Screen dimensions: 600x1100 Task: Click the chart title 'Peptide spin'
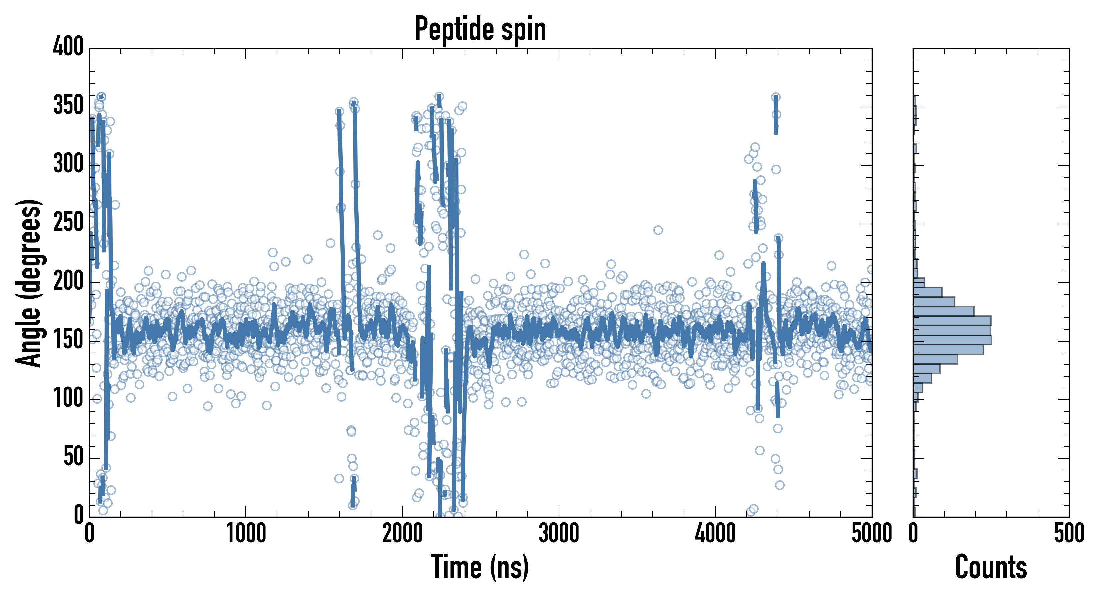point(480,29)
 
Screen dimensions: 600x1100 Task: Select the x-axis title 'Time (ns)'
point(480,567)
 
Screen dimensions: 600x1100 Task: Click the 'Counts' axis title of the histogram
point(991,567)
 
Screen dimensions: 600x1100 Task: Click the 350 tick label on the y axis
point(68,105)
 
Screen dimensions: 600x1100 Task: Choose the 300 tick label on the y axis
point(68,164)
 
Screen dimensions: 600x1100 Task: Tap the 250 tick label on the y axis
point(68,222)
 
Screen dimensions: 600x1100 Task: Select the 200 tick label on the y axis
point(68,281)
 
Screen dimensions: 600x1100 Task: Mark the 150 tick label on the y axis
point(68,340)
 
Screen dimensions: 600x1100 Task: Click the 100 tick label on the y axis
point(68,398)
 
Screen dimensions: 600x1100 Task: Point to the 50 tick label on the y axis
point(73,457)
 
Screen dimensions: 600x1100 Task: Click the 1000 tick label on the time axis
point(246,534)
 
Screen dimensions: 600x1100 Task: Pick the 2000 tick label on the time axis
point(402,534)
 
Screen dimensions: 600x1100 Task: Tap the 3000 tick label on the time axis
point(559,534)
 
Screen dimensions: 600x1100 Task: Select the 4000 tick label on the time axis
point(715,534)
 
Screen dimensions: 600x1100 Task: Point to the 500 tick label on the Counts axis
point(1069,534)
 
